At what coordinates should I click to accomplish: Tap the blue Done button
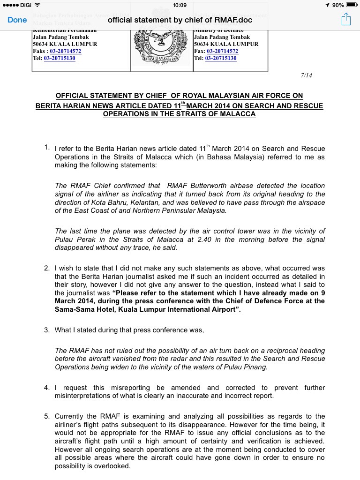pos(17,20)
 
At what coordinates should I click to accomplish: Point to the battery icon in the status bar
pos(352,5)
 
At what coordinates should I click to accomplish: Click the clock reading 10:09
pos(180,5)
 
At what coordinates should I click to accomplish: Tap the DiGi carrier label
pos(25,5)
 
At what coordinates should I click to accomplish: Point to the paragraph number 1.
pos(47,148)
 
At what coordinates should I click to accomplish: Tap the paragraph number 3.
pos(47,330)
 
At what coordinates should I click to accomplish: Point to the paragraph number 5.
pos(47,416)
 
